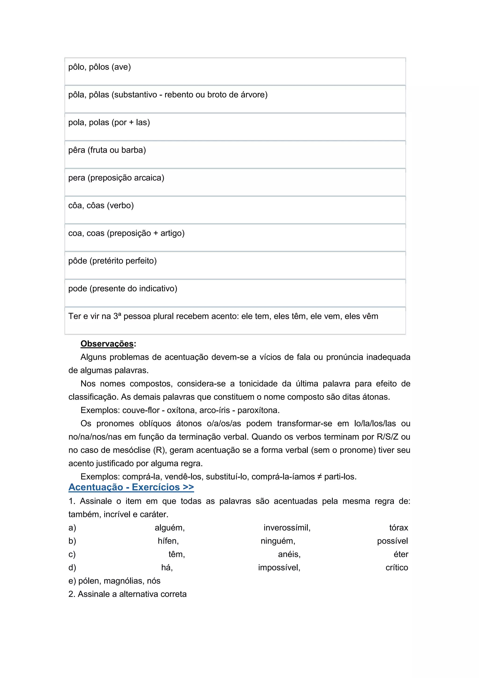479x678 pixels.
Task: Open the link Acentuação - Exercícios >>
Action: [131, 487]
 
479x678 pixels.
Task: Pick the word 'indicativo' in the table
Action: [158, 288]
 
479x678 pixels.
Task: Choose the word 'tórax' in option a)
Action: [399, 528]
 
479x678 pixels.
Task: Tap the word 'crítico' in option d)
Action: [397, 567]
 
